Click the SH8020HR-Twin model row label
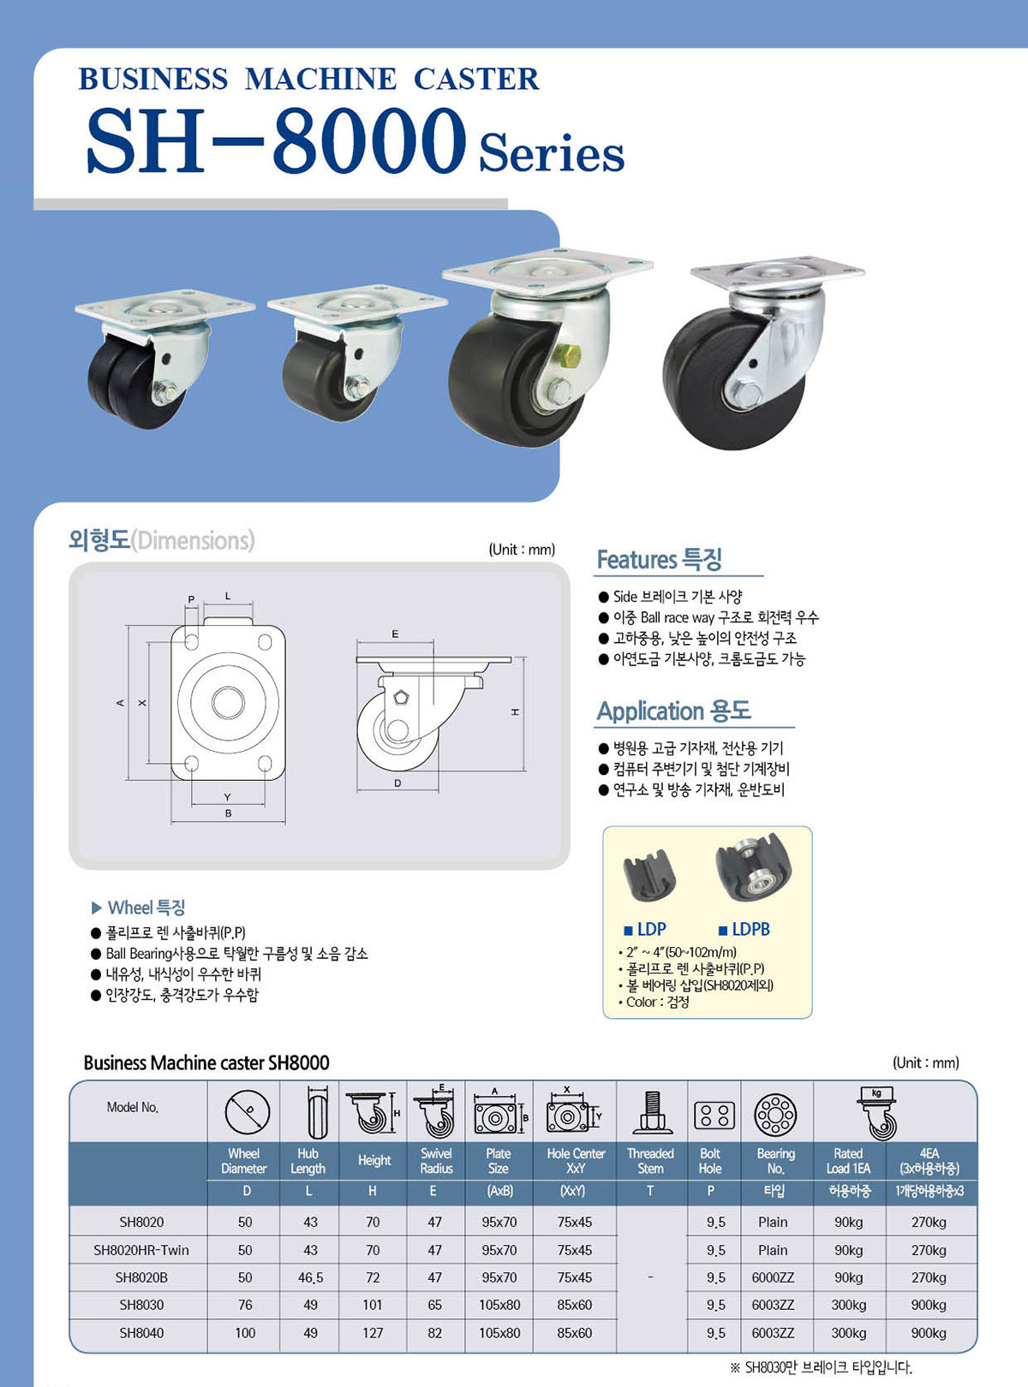[x=140, y=1249]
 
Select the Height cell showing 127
[x=373, y=1332]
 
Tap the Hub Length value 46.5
[x=310, y=1277]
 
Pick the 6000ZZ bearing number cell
[x=773, y=1277]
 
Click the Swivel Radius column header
[x=435, y=1161]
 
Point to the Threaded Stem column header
[x=650, y=1161]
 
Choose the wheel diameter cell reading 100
[x=245, y=1332]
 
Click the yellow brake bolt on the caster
[x=567, y=355]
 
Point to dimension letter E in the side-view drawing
[x=395, y=634]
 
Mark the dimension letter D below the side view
[x=397, y=783]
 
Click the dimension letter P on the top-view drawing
[x=191, y=599]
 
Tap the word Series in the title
[x=551, y=153]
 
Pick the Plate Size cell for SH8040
[x=499, y=1332]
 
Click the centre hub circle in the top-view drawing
[x=228, y=703]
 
